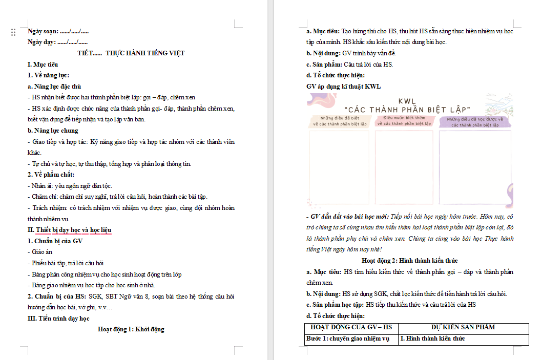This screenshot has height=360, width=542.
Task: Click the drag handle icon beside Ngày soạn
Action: pos(13,32)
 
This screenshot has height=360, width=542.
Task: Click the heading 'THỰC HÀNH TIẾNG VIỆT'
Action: pos(145,53)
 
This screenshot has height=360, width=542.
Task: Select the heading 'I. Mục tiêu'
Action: pos(43,65)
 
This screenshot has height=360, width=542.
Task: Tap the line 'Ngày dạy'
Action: pos(57,42)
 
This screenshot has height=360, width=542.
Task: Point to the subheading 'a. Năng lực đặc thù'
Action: pos(54,87)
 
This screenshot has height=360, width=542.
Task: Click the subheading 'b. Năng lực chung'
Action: pos(53,131)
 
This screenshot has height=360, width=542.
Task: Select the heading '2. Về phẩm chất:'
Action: pos(51,175)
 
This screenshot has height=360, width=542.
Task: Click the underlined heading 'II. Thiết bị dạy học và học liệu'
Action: pos(69,230)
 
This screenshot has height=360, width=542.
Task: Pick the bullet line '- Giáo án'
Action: pos(39,252)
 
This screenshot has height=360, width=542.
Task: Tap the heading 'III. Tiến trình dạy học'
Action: pos(58,319)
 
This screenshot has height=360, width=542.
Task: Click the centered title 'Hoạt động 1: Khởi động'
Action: pos(131,329)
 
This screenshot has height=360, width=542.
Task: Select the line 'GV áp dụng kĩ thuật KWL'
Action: pos(343,87)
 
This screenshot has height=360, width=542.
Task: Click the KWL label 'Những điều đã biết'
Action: pos(340,121)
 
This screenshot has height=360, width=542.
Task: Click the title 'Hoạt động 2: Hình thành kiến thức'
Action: pos(409,261)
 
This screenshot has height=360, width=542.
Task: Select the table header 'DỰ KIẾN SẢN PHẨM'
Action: pos(463,327)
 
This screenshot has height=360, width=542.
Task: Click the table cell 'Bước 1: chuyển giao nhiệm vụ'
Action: pos(348,338)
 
